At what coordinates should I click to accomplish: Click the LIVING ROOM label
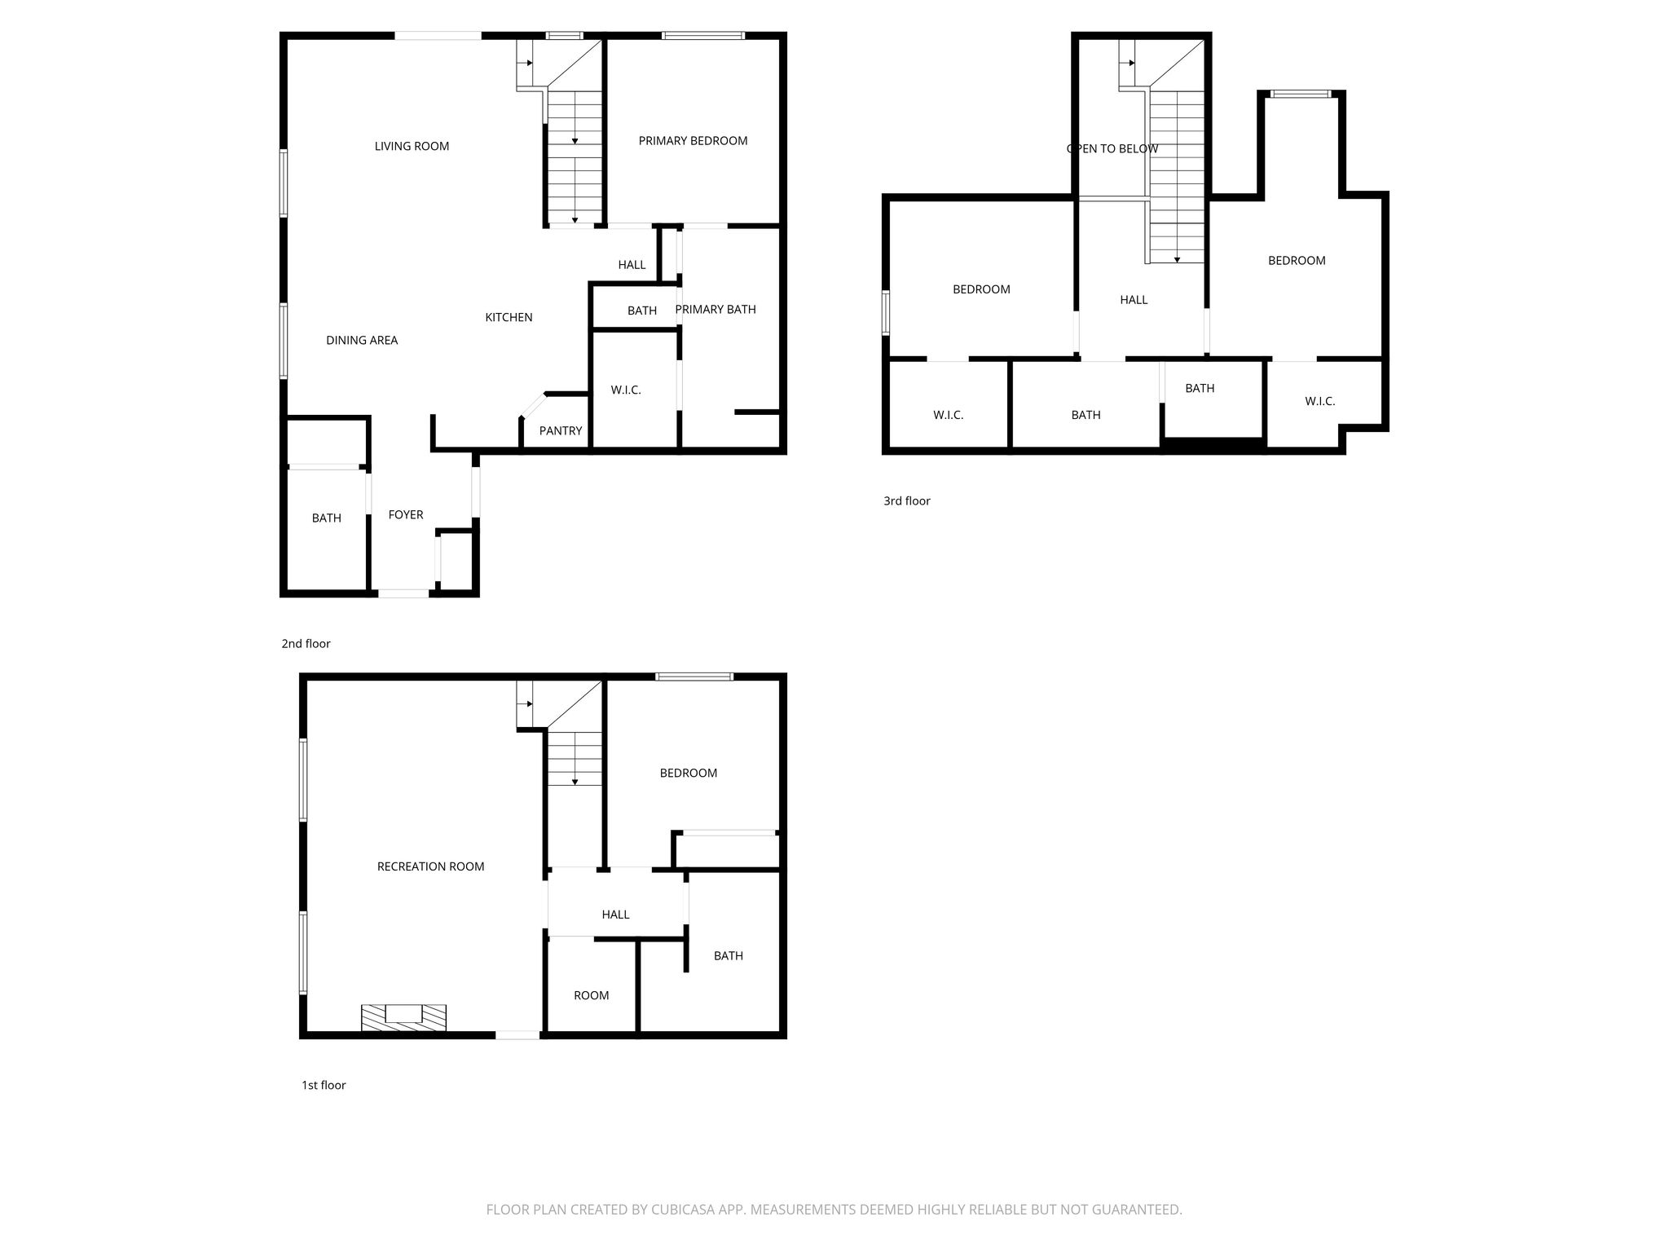[412, 147]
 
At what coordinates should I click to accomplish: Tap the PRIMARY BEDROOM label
[693, 141]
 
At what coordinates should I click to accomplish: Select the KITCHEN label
[509, 318]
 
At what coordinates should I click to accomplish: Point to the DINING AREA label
[362, 341]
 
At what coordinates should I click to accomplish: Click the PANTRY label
[561, 431]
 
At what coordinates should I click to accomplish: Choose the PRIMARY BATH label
[716, 310]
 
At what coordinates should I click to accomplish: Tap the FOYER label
[406, 515]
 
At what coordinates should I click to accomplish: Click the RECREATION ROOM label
[430, 867]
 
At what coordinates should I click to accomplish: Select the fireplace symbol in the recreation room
[404, 1017]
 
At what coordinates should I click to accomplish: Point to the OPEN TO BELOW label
[1112, 149]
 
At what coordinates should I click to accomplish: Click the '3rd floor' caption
[907, 501]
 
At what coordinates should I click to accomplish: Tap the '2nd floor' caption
[306, 644]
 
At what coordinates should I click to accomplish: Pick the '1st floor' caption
[324, 1086]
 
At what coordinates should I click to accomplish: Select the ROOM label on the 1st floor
[592, 996]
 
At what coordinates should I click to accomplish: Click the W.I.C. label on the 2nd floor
[626, 390]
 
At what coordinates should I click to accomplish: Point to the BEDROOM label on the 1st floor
[689, 774]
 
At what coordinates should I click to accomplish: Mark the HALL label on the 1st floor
[615, 915]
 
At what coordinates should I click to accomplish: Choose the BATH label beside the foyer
[326, 518]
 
